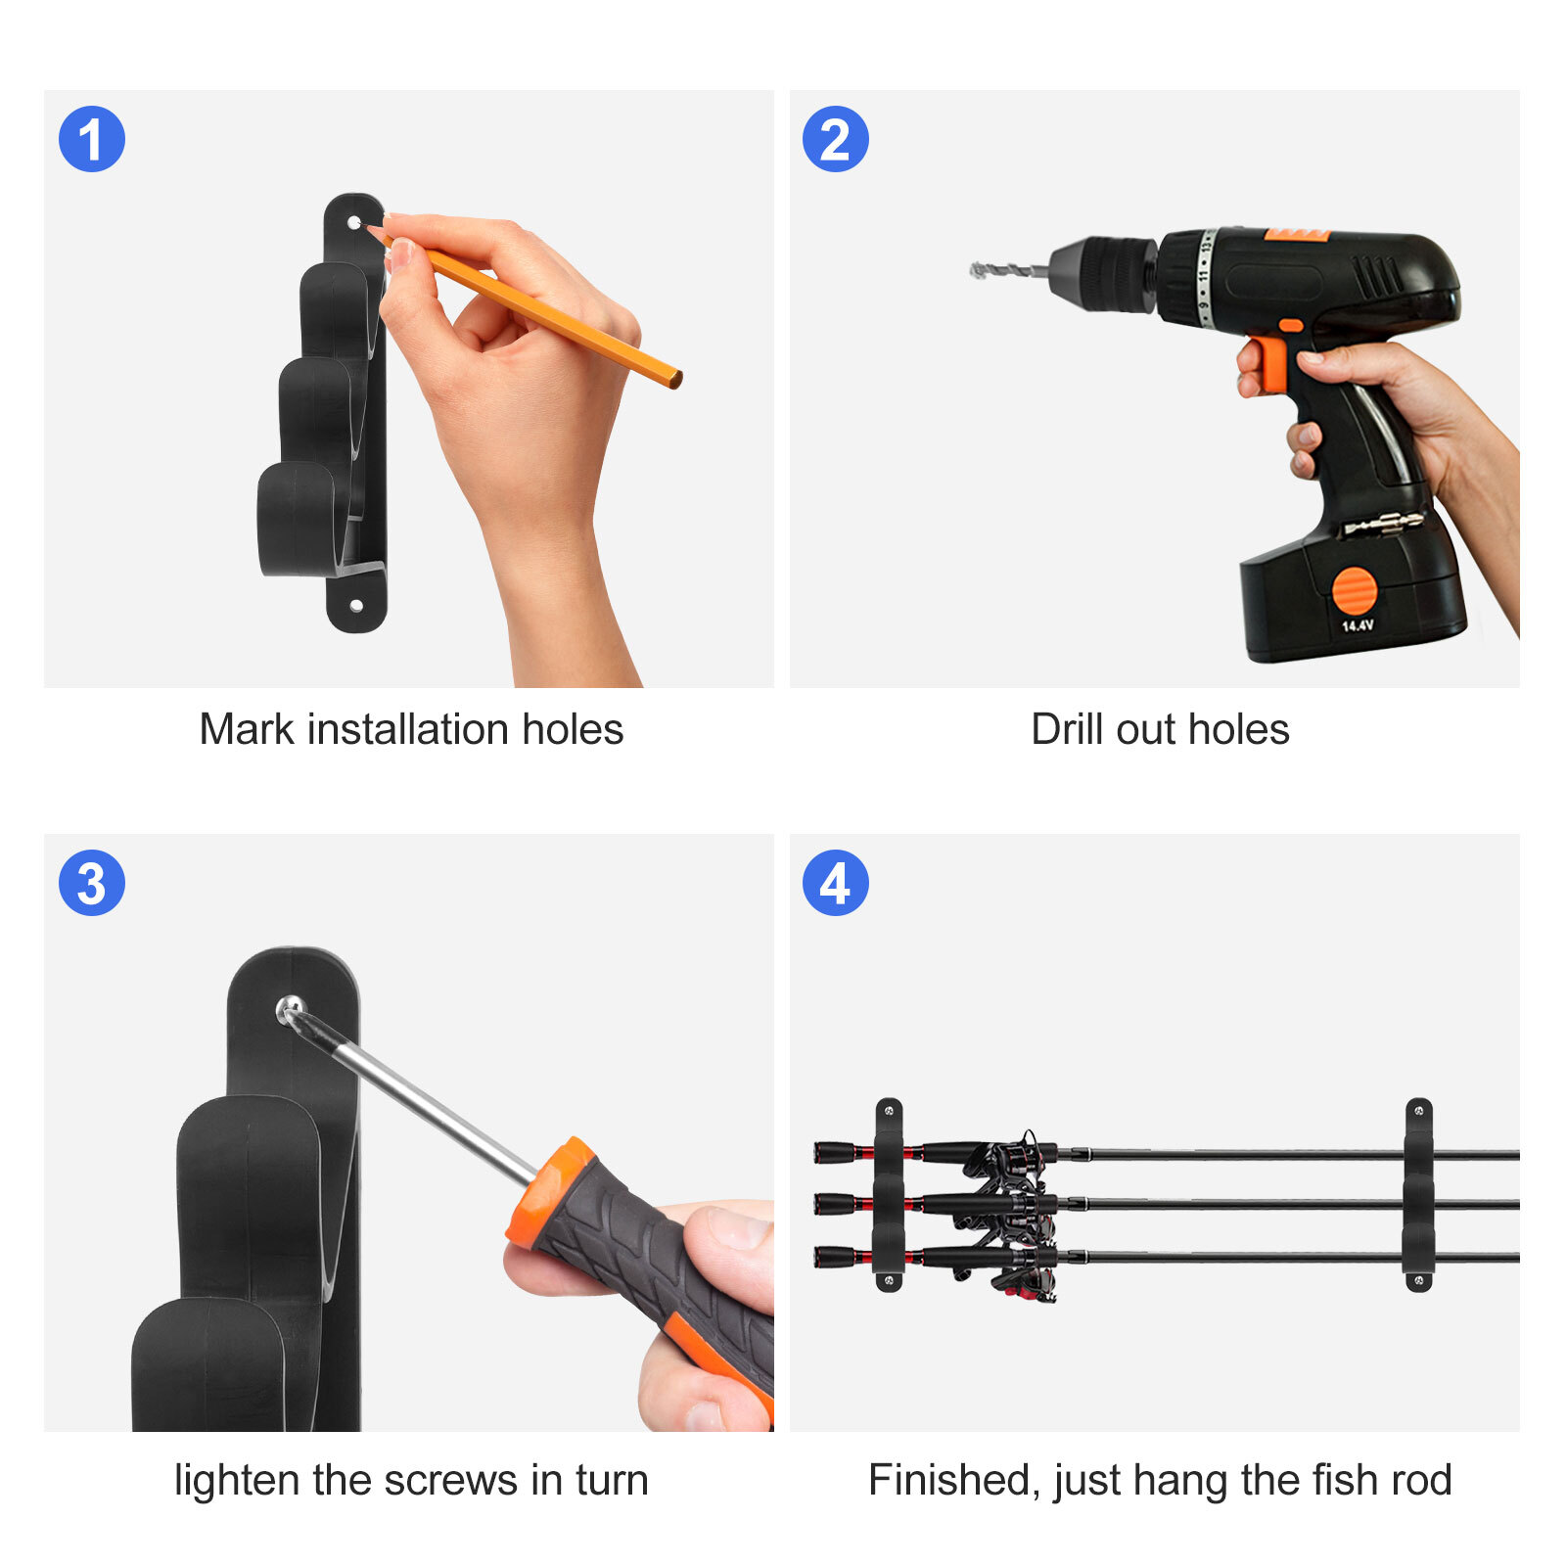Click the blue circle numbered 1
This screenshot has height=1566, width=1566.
coord(92,139)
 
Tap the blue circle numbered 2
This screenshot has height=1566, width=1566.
coord(836,139)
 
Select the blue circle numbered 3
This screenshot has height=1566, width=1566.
coord(92,883)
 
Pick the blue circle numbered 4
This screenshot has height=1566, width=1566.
coord(836,883)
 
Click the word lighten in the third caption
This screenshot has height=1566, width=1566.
coord(238,1481)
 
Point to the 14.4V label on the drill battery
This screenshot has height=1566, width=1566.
coord(1358,625)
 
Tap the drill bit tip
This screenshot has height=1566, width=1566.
coord(975,270)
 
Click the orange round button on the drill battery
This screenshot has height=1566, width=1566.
coord(1355,591)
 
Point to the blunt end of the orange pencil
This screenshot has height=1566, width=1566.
coord(674,378)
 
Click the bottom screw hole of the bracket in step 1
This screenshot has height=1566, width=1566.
coord(356,606)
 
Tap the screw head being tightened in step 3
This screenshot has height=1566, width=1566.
coord(291,1010)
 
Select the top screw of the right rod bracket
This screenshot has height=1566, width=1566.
coord(1419,1111)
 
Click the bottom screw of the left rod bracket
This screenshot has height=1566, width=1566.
coord(889,1278)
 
